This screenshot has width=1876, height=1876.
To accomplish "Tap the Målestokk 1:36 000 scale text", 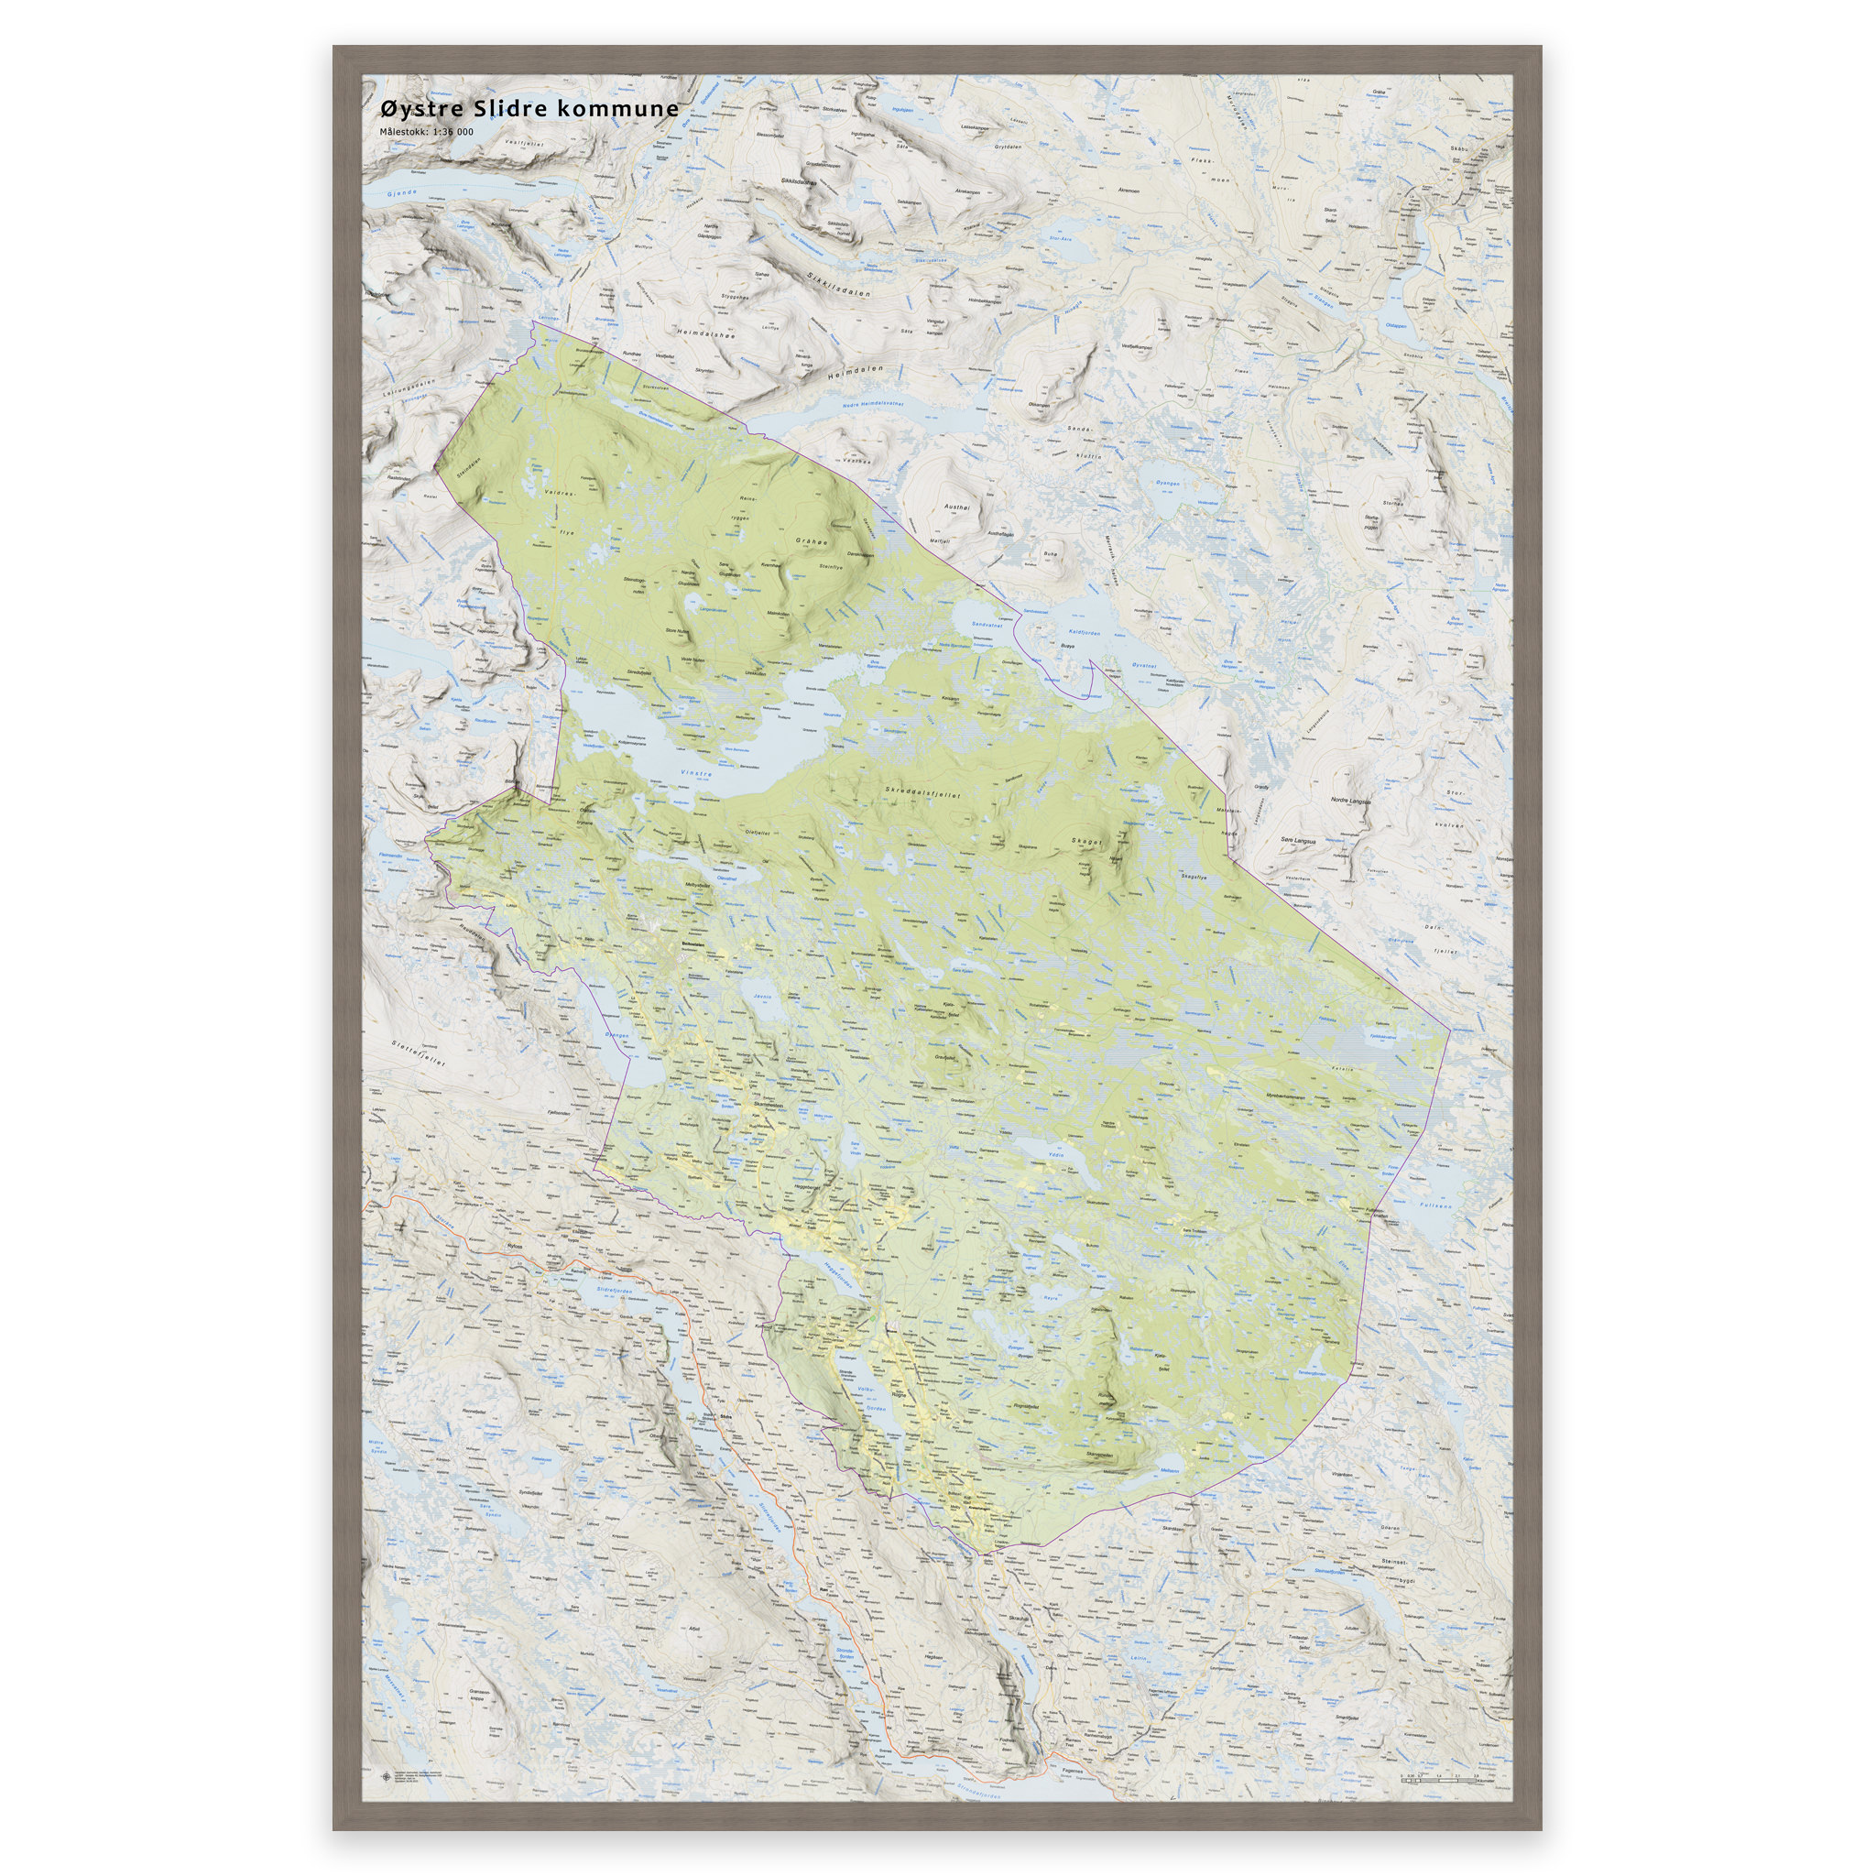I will [x=426, y=132].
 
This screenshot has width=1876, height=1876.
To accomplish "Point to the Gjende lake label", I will [x=401, y=194].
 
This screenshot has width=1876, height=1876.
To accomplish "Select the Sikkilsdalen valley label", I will [x=837, y=285].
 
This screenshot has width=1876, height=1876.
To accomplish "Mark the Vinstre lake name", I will [x=695, y=774].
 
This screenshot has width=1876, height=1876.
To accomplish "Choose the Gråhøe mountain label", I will [x=811, y=542].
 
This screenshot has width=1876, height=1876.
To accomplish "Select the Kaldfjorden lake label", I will [x=1084, y=632].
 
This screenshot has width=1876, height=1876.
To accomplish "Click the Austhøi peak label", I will [x=956, y=507].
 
